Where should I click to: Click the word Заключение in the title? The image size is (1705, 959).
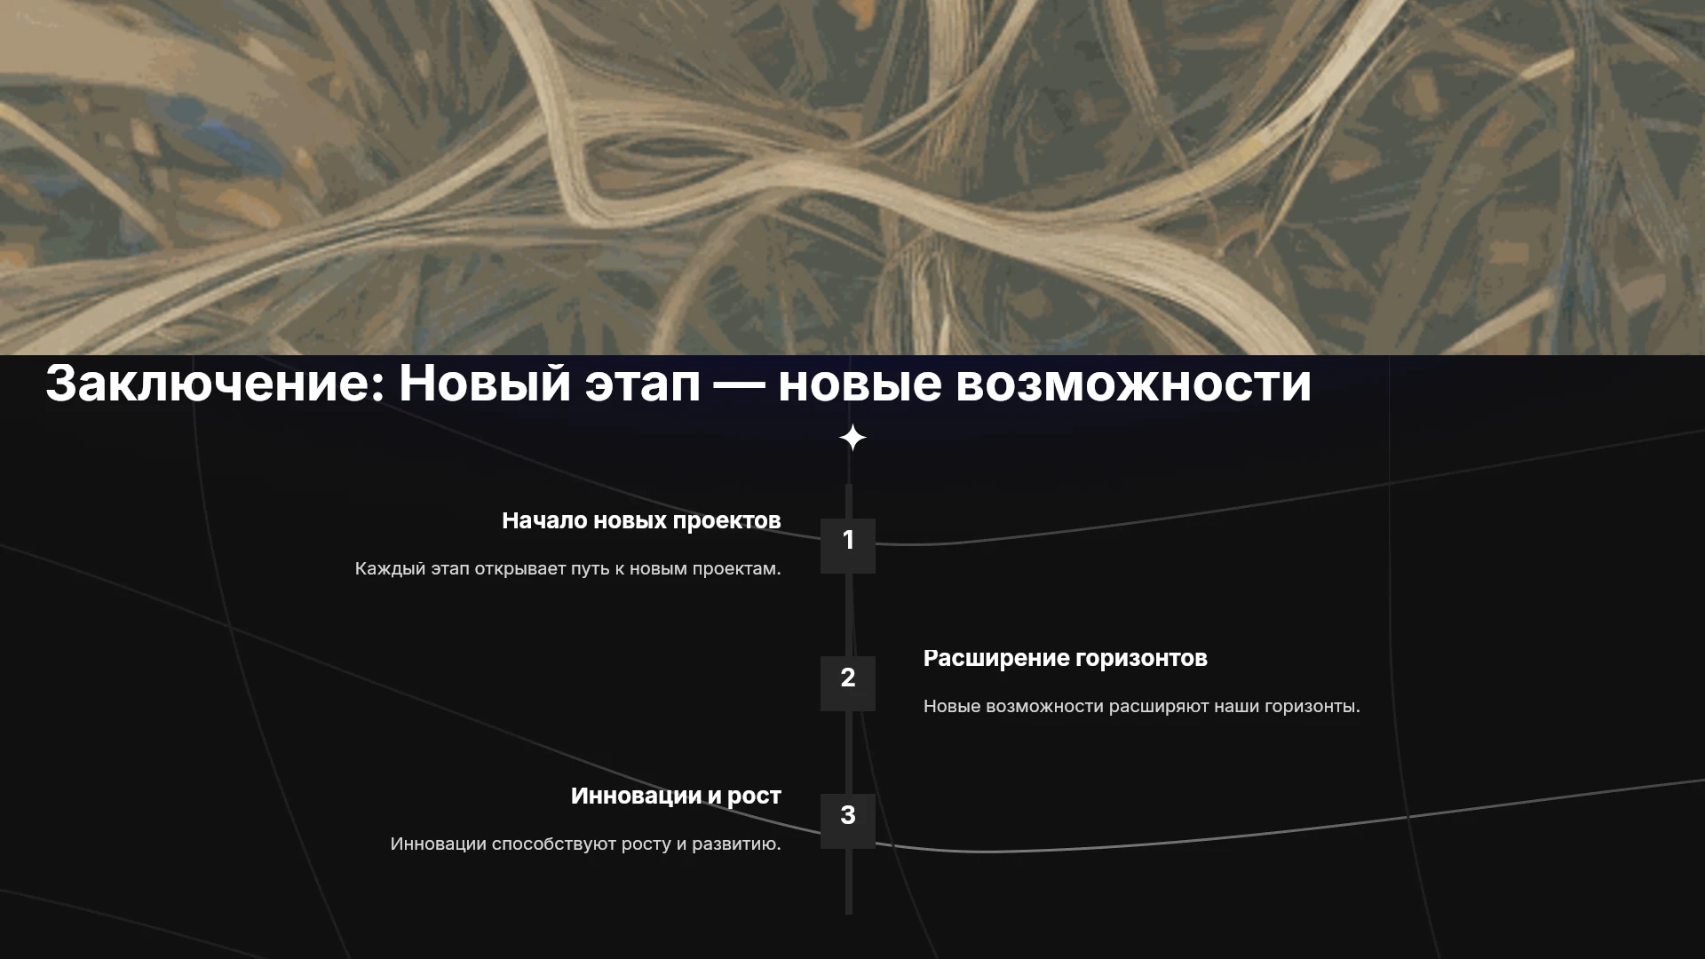pyautogui.click(x=215, y=384)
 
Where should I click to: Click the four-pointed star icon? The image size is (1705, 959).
pyautogui.click(x=852, y=438)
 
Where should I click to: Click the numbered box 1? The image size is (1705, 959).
pyautogui.click(x=848, y=546)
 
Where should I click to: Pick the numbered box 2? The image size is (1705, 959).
pyautogui.click(x=848, y=684)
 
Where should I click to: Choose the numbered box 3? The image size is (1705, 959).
pyautogui.click(x=848, y=821)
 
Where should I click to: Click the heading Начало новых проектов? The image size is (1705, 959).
pyautogui.click(x=641, y=521)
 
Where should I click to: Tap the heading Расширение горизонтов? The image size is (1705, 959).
pyautogui.click(x=1066, y=659)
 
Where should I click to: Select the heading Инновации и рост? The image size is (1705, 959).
pyautogui.click(x=676, y=797)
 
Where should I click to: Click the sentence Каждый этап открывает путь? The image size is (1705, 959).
pyautogui.click(x=568, y=568)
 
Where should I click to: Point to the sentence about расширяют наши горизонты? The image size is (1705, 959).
pyautogui.click(x=1142, y=706)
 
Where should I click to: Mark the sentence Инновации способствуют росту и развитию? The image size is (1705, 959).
pyautogui.click(x=586, y=844)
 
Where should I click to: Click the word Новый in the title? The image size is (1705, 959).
pyautogui.click(x=485, y=384)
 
